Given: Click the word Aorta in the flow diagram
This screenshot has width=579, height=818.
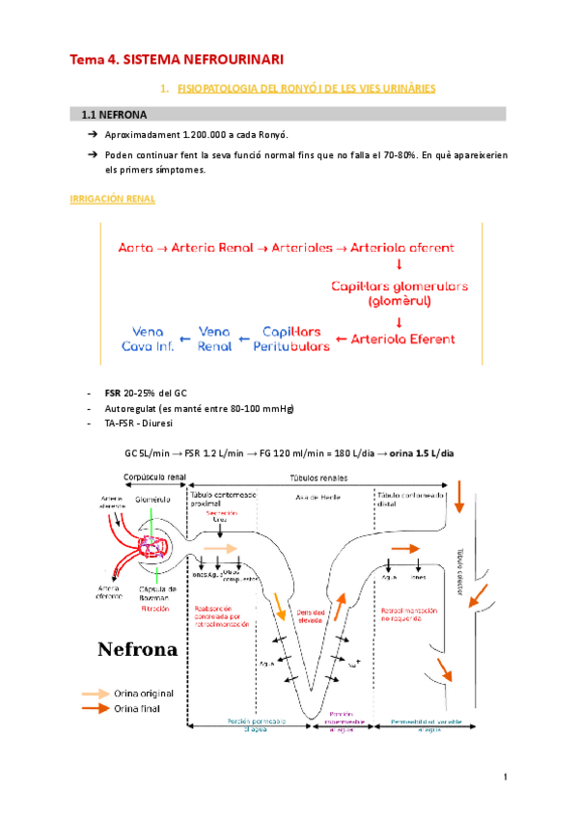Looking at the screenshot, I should (x=135, y=248).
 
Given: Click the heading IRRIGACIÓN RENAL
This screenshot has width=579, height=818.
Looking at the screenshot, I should (x=114, y=199).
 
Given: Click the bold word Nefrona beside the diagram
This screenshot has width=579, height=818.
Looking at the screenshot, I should (x=138, y=648).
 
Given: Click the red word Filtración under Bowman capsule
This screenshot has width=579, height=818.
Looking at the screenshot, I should (x=161, y=610).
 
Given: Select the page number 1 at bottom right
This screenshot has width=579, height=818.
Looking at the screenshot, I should (x=505, y=777).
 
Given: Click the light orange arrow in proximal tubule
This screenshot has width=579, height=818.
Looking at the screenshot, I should (x=217, y=547).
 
